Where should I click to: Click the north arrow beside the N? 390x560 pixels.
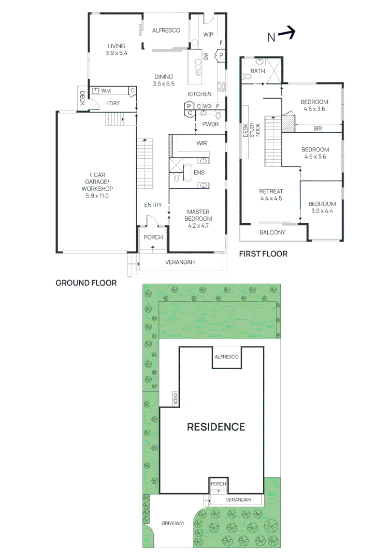(286, 35)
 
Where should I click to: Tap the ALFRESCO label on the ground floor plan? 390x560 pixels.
(166, 31)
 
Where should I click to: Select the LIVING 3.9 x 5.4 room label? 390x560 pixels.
(116, 49)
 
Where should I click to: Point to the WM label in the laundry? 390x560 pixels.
(106, 91)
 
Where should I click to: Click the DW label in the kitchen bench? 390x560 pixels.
(206, 57)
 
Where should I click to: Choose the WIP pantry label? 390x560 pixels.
(208, 35)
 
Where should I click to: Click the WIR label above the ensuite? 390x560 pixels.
(202, 143)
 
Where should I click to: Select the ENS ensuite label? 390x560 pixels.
(199, 172)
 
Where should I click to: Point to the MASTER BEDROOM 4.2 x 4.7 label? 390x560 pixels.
(199, 215)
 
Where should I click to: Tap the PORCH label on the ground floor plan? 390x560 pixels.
(153, 237)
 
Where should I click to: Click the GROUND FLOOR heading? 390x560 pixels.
(85, 283)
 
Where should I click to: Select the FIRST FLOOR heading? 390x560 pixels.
(263, 254)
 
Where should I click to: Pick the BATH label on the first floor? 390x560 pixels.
(257, 71)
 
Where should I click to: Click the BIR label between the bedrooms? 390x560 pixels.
(317, 128)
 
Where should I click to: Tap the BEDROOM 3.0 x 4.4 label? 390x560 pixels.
(322, 207)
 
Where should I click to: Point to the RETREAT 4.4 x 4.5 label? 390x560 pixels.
(271, 194)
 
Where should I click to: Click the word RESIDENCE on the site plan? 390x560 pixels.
(215, 427)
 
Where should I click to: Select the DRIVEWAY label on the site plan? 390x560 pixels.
(172, 523)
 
